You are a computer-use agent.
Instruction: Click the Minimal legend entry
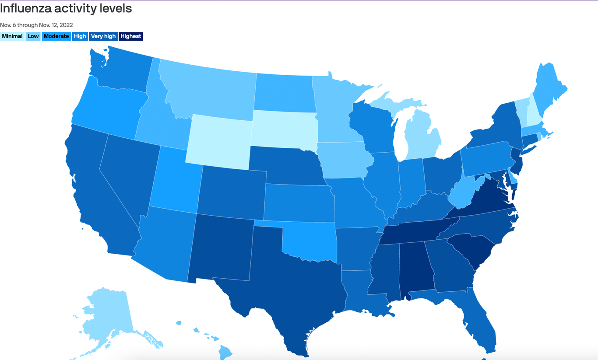(12, 36)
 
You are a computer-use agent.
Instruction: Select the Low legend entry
(33, 36)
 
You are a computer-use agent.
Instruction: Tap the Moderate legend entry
(56, 36)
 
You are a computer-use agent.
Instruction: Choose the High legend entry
(80, 36)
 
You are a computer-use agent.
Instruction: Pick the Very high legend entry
(103, 36)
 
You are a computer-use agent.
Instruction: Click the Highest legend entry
(131, 36)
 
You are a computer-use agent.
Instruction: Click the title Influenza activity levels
(66, 8)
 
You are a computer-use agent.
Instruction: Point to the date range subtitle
(36, 25)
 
